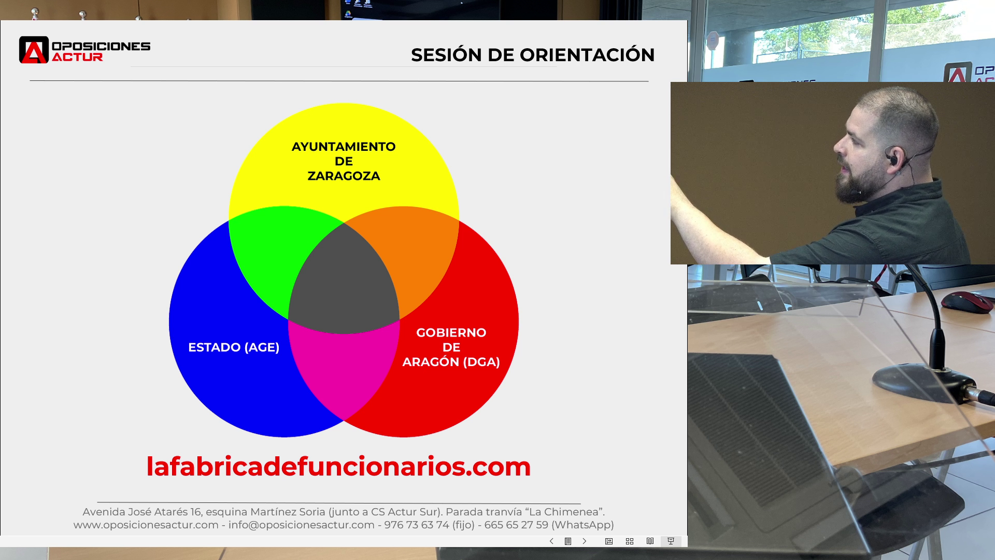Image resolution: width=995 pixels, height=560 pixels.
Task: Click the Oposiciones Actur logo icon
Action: (x=34, y=50)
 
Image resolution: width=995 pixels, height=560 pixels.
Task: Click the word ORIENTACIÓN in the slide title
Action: (x=587, y=54)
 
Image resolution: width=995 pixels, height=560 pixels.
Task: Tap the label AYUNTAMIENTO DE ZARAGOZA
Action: (x=344, y=161)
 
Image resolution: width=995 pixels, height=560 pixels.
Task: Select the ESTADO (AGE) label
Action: (x=234, y=347)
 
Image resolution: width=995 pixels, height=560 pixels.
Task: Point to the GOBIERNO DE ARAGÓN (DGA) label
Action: (x=451, y=347)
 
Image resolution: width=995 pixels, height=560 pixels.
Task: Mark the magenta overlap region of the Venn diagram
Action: (x=344, y=368)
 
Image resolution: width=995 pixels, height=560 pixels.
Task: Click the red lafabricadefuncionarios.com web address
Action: (x=338, y=467)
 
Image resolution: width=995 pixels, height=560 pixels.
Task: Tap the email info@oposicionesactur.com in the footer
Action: (x=302, y=525)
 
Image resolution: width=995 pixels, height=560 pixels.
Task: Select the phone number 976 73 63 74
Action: (x=417, y=525)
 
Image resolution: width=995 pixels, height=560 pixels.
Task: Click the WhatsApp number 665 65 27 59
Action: (x=516, y=525)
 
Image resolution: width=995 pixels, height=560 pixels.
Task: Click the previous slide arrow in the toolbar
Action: (x=551, y=541)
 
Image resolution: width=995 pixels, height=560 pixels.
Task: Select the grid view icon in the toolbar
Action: (x=630, y=541)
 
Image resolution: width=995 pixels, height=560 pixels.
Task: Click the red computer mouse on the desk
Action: (x=968, y=302)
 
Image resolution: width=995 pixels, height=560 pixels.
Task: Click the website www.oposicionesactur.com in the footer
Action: (x=146, y=525)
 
